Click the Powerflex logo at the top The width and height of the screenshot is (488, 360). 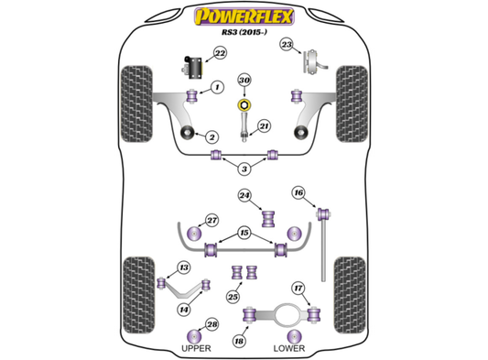244,16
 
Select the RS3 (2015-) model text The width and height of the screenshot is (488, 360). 244,32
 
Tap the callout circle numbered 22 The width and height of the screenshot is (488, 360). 220,53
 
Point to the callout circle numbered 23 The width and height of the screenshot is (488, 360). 287,45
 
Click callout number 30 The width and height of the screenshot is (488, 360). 244,81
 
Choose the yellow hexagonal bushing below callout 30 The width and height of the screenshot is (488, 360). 244,105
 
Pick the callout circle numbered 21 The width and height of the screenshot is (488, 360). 264,126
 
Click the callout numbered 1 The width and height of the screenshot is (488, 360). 218,87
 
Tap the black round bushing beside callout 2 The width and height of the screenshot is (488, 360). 188,133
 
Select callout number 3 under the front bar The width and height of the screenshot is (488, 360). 244,169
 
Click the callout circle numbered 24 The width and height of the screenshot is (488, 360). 244,195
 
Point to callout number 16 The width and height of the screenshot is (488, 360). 298,192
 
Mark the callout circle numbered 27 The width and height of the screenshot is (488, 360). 211,221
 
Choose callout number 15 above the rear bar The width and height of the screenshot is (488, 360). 244,233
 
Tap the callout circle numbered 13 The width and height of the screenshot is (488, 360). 184,267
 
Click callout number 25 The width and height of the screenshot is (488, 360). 233,297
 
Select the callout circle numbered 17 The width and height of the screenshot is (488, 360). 298,289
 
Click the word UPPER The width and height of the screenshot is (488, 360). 196,348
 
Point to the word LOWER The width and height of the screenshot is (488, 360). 289,348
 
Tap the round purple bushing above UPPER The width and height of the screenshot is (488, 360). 194,336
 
